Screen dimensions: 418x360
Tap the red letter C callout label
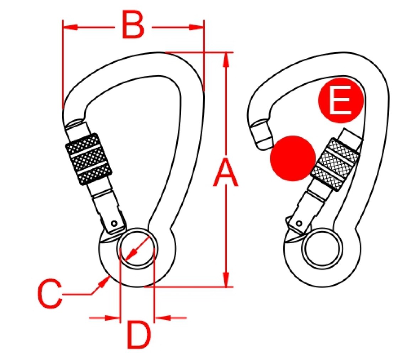50,294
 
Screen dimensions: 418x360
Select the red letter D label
139,335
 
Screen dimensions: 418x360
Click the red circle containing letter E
341,101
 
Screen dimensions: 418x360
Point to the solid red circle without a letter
293,158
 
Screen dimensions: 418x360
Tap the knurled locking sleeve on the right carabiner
335,164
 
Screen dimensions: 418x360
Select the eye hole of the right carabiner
323,248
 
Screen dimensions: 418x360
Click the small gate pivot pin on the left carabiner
114,223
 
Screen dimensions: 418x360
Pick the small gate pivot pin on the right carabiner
299,223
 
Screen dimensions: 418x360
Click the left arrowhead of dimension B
70,27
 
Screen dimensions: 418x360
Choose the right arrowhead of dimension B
197,27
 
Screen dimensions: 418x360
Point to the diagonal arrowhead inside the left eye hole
131,255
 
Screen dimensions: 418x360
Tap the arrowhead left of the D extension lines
113,318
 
